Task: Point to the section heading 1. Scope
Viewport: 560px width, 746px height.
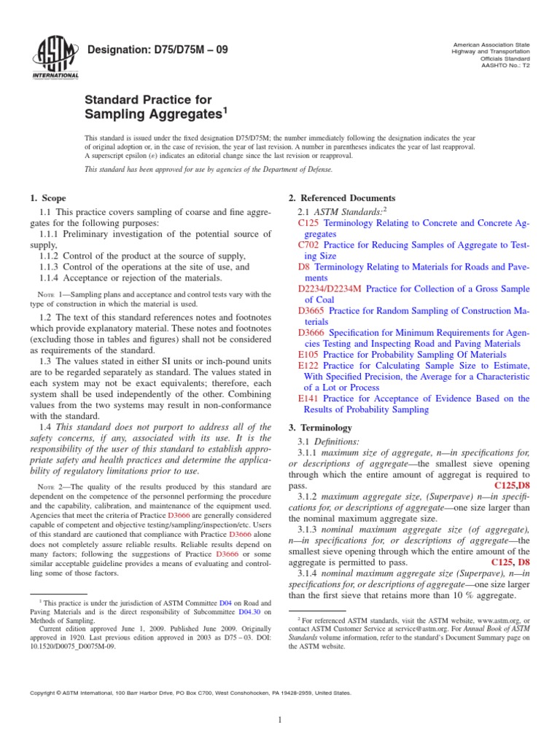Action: point(47,198)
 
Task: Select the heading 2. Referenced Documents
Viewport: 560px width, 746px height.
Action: point(343,198)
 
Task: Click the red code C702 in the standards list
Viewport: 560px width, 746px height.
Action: point(309,246)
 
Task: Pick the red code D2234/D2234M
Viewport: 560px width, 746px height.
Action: point(330,289)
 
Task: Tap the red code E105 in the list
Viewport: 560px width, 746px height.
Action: point(308,355)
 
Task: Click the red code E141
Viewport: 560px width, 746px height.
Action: point(308,398)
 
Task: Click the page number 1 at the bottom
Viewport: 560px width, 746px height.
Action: point(280,721)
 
